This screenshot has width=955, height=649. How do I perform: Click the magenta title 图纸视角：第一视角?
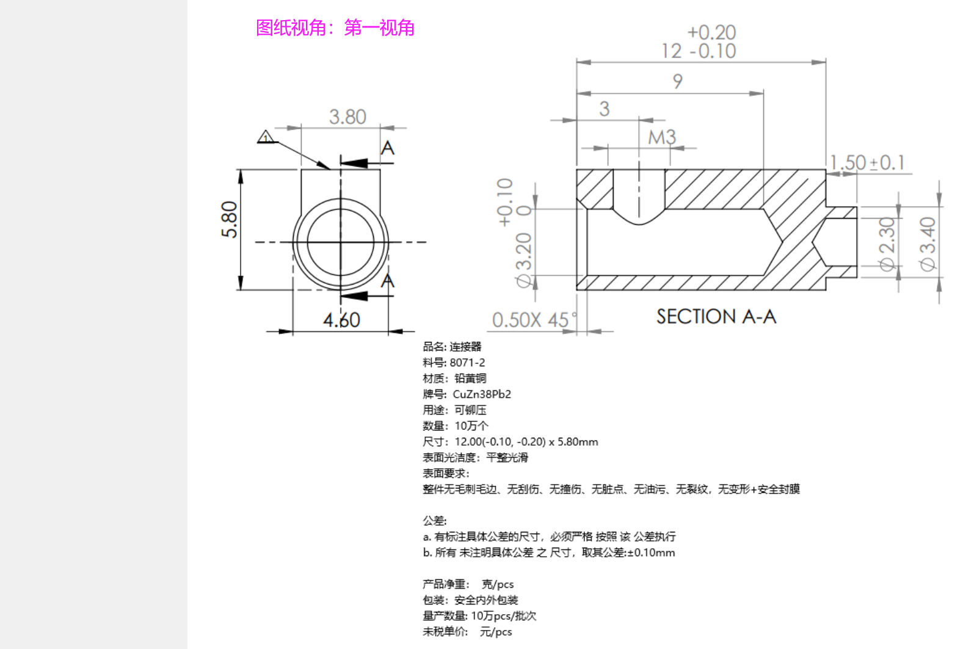(x=335, y=27)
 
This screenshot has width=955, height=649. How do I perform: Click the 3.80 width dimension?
(x=347, y=117)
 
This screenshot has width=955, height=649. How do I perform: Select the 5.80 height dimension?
(x=230, y=219)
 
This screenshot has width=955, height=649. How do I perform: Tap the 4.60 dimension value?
(x=341, y=320)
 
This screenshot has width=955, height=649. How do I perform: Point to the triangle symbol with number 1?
(x=265, y=137)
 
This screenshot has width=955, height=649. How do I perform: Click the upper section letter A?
(x=388, y=148)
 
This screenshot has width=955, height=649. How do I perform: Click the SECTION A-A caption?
(x=716, y=316)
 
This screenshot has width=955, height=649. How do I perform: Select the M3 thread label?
(x=662, y=137)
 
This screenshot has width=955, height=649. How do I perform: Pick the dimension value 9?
(x=677, y=81)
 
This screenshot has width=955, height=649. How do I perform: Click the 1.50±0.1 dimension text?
(x=867, y=162)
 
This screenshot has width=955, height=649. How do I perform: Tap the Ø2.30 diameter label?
(x=887, y=244)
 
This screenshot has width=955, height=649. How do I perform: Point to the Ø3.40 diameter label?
(x=928, y=244)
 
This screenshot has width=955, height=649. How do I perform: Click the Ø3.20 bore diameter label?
(x=523, y=259)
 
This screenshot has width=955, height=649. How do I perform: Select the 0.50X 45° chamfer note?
(x=534, y=320)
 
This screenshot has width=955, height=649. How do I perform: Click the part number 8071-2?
(x=467, y=363)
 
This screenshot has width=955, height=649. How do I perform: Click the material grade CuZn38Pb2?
(x=482, y=394)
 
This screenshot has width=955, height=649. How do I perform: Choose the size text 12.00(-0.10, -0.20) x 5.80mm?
(x=526, y=442)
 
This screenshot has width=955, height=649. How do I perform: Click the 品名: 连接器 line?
(x=452, y=347)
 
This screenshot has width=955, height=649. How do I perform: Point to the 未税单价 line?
(x=467, y=632)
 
